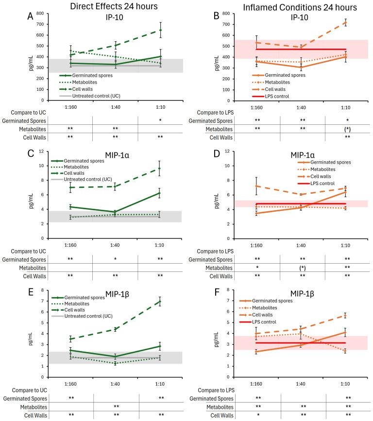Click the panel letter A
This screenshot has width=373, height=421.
click(x=30, y=16)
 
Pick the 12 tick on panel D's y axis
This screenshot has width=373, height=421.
click(x=233, y=152)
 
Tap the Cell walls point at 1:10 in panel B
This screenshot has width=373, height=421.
click(x=345, y=22)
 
